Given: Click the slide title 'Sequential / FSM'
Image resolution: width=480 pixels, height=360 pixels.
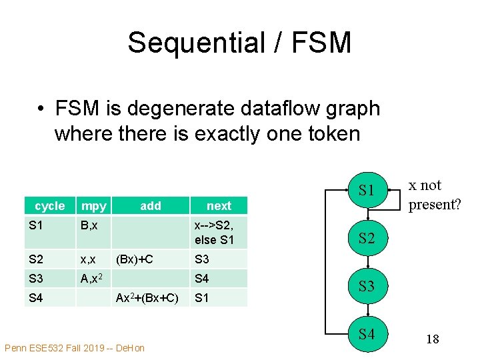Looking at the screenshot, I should click(x=239, y=43).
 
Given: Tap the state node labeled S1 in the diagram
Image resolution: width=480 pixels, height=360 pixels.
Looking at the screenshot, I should click(x=366, y=191).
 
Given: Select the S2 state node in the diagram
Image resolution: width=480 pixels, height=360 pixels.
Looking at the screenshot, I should click(x=366, y=238).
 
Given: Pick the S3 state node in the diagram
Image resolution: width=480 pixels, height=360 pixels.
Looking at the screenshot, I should click(x=366, y=287).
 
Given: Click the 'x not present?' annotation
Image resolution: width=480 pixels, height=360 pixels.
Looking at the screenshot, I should click(x=434, y=195).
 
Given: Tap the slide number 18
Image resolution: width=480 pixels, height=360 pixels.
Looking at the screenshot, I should click(x=432, y=339).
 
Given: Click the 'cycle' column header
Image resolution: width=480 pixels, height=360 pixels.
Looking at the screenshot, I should click(x=50, y=206).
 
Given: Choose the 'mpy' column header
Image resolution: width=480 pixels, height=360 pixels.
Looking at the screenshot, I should click(x=93, y=206).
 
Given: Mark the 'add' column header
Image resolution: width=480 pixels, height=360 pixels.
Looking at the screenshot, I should click(x=151, y=206).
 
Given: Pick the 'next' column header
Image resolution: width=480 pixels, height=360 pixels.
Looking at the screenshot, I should click(x=219, y=206).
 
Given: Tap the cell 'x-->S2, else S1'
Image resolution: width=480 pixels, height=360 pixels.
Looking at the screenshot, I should click(x=215, y=233).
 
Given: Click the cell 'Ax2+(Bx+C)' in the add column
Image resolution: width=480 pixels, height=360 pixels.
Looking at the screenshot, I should click(x=147, y=297).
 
